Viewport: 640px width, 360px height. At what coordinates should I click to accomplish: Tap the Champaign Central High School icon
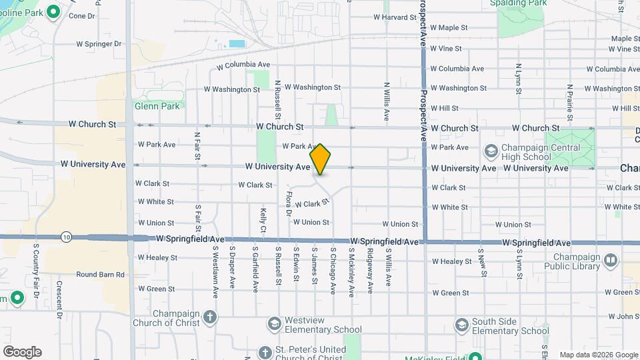click(491, 151)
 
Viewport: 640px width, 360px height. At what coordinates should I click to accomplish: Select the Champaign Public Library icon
click(611, 260)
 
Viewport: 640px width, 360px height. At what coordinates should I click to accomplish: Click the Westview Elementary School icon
click(274, 324)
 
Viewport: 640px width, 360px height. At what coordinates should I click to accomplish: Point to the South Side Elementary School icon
click(461, 325)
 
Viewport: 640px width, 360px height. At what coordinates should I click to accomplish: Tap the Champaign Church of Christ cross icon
click(211, 316)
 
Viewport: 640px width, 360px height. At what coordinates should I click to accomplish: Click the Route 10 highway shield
click(65, 237)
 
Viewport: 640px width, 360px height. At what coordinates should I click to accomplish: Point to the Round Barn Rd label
click(100, 274)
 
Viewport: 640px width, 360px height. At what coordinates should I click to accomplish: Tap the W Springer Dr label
click(99, 44)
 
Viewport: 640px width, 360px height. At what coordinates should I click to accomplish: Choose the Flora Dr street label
click(289, 204)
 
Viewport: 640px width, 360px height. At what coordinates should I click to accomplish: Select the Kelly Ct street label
click(263, 220)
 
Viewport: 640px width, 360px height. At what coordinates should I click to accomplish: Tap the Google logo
click(22, 351)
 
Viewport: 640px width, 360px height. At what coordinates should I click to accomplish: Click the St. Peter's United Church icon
click(265, 351)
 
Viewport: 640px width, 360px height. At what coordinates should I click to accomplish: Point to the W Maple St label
click(449, 28)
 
